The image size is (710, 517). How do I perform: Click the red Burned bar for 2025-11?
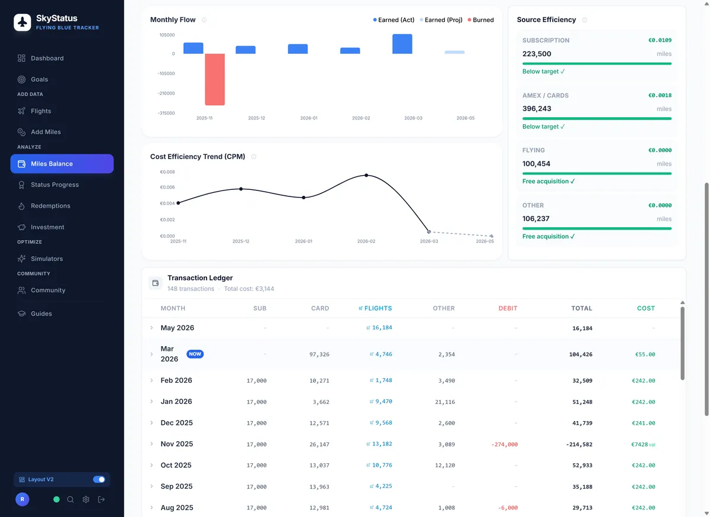pyautogui.click(x=215, y=79)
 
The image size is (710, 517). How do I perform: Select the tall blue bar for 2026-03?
pyautogui.click(x=402, y=44)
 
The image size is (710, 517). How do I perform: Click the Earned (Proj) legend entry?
pyautogui.click(x=441, y=20)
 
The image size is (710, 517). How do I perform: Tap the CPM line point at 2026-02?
pyautogui.click(x=366, y=175)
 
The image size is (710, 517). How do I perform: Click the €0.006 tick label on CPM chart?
pyautogui.click(x=167, y=188)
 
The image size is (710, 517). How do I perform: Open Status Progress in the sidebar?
pyautogui.click(x=54, y=185)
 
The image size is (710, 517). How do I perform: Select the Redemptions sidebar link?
pyautogui.click(x=50, y=206)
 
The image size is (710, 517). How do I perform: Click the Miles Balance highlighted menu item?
pyautogui.click(x=62, y=164)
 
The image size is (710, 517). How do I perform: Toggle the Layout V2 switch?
pyautogui.click(x=99, y=479)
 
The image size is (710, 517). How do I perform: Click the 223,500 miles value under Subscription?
pyautogui.click(x=537, y=54)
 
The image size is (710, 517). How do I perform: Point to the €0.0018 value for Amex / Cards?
pyautogui.click(x=660, y=95)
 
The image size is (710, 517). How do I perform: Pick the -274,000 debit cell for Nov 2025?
pyautogui.click(x=504, y=444)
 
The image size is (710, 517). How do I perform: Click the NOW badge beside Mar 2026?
pyautogui.click(x=195, y=354)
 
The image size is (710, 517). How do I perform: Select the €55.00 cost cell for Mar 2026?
pyautogui.click(x=645, y=354)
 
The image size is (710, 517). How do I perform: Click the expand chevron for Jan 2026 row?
pyautogui.click(x=151, y=402)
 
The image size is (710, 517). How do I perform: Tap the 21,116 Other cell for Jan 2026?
pyautogui.click(x=445, y=402)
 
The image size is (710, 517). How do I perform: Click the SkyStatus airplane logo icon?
pyautogui.click(x=22, y=22)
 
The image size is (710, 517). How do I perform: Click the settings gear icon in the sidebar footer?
pyautogui.click(x=86, y=499)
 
